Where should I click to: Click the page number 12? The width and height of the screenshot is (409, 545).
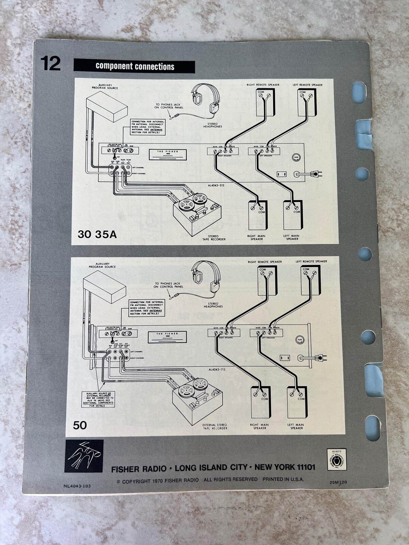50,64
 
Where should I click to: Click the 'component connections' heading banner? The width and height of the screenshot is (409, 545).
135,66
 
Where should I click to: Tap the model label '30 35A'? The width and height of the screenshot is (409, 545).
97,234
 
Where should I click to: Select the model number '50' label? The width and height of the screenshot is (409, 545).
80,425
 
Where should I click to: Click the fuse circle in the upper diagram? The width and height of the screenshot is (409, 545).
296,157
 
